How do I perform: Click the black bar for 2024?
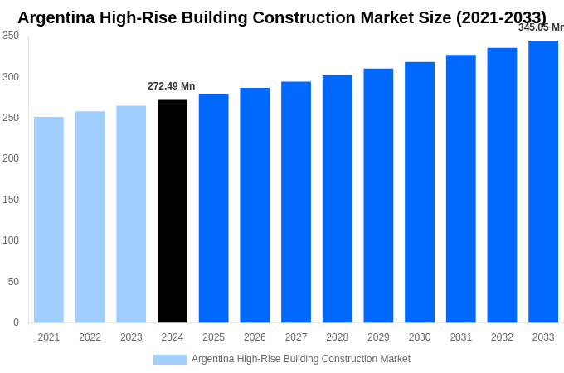coord(173,211)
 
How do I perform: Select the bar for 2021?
coord(49,220)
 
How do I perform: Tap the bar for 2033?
coord(543,182)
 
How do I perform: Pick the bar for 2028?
coord(338,199)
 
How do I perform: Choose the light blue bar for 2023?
coord(131,214)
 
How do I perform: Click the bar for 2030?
coord(420,192)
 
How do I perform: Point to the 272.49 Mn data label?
coord(171,86)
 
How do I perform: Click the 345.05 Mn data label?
coord(542,27)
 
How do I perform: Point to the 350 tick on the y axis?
coord(11,36)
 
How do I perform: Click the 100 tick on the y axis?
coord(11,240)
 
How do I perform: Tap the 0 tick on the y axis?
coord(16,322)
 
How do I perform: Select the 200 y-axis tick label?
coord(11,158)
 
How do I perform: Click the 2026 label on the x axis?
coord(255,337)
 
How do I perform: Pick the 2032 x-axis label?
coord(502,337)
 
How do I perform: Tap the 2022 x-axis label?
coord(90,337)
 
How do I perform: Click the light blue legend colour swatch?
coord(170,360)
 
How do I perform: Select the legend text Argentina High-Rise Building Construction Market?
coord(301,359)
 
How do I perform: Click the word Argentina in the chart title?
coord(56,17)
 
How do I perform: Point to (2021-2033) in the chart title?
coord(501,17)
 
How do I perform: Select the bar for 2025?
coord(214,208)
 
